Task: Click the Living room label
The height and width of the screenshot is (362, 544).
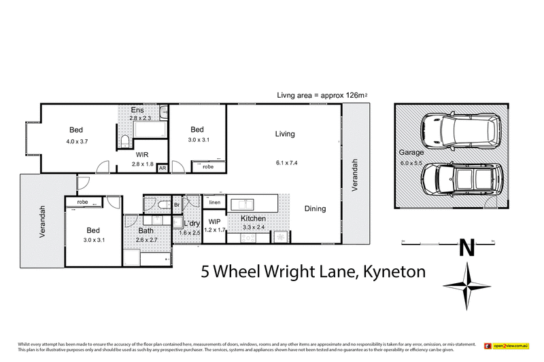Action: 285,134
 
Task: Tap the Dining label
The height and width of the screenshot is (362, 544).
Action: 315,209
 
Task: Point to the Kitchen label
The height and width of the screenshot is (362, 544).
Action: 253,219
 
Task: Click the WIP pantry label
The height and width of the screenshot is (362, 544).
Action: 215,222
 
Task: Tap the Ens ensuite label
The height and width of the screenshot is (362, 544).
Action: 138,110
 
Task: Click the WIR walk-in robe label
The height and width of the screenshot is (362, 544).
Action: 142,155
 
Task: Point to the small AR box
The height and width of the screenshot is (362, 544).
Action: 162,168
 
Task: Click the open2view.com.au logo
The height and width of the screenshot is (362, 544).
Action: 507,346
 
